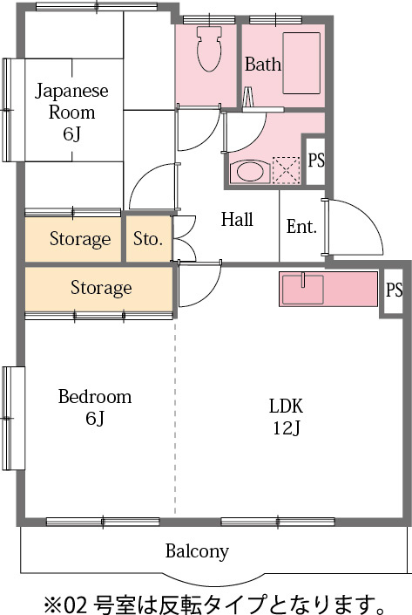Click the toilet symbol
209,49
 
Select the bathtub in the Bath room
301,63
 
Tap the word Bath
263,64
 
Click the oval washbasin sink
251,171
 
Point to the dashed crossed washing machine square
286,170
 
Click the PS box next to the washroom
315,160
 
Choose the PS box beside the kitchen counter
394,290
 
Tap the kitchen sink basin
303,289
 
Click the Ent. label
301,226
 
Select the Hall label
237,219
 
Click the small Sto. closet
148,238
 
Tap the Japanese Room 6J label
71,113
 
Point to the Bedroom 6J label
95,407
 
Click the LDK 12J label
287,417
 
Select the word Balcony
197,551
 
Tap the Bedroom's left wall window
8,418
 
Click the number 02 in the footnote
74,605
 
